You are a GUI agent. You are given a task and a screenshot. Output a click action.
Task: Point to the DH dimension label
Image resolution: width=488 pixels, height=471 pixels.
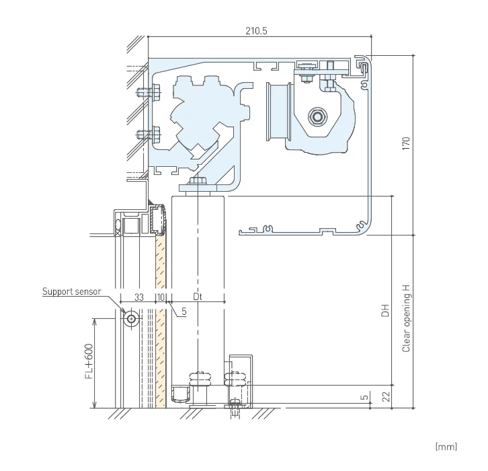tap(385, 311)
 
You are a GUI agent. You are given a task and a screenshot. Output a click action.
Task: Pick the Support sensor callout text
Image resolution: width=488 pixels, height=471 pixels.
tap(72, 291)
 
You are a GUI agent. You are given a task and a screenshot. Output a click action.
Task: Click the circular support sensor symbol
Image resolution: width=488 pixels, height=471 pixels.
tap(130, 318)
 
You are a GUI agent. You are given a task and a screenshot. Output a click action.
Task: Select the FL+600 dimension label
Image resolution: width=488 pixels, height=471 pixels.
tap(89, 364)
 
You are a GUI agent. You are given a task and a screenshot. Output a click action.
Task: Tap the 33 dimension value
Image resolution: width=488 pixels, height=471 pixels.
tap(138, 297)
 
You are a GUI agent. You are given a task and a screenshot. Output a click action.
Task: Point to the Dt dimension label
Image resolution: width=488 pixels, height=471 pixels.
tap(197, 297)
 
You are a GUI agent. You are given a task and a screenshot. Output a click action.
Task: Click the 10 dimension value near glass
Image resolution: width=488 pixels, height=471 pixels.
tap(161, 297)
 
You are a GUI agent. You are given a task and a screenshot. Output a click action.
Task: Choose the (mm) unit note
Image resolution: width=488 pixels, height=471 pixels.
tap(446, 446)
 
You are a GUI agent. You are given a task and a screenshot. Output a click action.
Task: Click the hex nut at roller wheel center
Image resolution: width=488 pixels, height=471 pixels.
tap(315, 116)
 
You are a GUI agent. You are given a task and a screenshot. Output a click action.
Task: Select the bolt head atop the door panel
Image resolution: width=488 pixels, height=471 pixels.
tap(198, 182)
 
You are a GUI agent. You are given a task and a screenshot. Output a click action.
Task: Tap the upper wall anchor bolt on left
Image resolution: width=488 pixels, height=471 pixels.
tap(143, 92)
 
